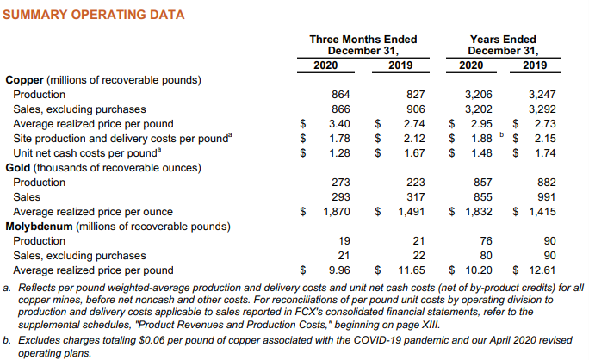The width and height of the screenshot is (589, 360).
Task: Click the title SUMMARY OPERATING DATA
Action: pos(94,15)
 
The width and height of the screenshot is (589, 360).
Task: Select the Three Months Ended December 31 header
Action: pos(363,45)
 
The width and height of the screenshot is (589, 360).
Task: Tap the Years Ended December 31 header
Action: pos(503,45)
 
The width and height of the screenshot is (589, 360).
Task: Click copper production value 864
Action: pos(341,95)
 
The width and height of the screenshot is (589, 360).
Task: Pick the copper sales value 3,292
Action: pos(542,109)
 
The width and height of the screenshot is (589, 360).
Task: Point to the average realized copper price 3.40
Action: pos(339,124)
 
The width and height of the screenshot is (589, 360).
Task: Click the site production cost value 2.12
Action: pos(414,139)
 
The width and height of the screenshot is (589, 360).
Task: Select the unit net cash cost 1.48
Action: pos(481,153)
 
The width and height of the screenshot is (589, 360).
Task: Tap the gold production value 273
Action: pos(341,183)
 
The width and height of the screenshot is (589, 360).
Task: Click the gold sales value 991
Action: pos(547,197)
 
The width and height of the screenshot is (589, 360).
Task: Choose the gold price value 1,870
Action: pos(337,212)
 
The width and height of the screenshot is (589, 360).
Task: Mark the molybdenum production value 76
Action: pos(486,241)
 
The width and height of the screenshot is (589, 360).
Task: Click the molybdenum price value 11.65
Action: pos(412,270)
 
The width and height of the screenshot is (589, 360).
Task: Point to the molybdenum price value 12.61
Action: pos(542,270)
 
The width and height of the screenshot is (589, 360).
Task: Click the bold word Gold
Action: pos(18,168)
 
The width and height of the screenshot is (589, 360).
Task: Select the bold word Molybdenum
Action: pos(39,227)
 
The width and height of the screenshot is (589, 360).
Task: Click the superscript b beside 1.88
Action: pos(501,134)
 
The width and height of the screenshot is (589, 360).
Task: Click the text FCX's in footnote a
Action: pos(332,312)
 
